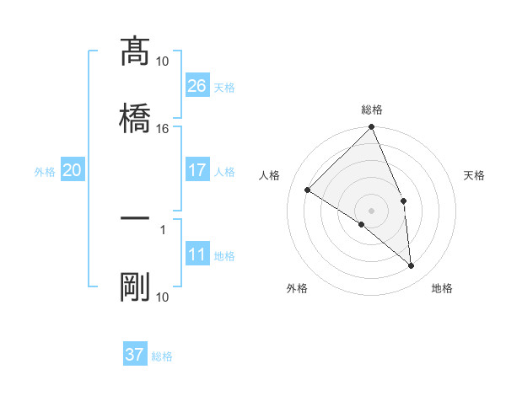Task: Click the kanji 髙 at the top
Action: click(135, 52)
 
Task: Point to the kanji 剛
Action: click(135, 287)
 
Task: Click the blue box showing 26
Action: click(197, 86)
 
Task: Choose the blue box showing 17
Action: click(197, 170)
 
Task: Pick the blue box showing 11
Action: click(197, 255)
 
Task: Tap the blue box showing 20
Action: click(73, 170)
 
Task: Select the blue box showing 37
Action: click(135, 355)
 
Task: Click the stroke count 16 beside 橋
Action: click(162, 129)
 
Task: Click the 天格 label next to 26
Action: click(224, 88)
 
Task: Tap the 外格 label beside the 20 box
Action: click(45, 172)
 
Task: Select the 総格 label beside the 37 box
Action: click(162, 356)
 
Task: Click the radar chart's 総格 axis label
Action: click(372, 110)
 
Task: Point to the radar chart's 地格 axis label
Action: click(442, 288)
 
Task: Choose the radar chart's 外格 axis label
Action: click(298, 288)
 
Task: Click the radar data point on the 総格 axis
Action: click(372, 128)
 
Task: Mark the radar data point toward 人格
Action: click(308, 190)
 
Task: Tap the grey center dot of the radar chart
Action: click(372, 210)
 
